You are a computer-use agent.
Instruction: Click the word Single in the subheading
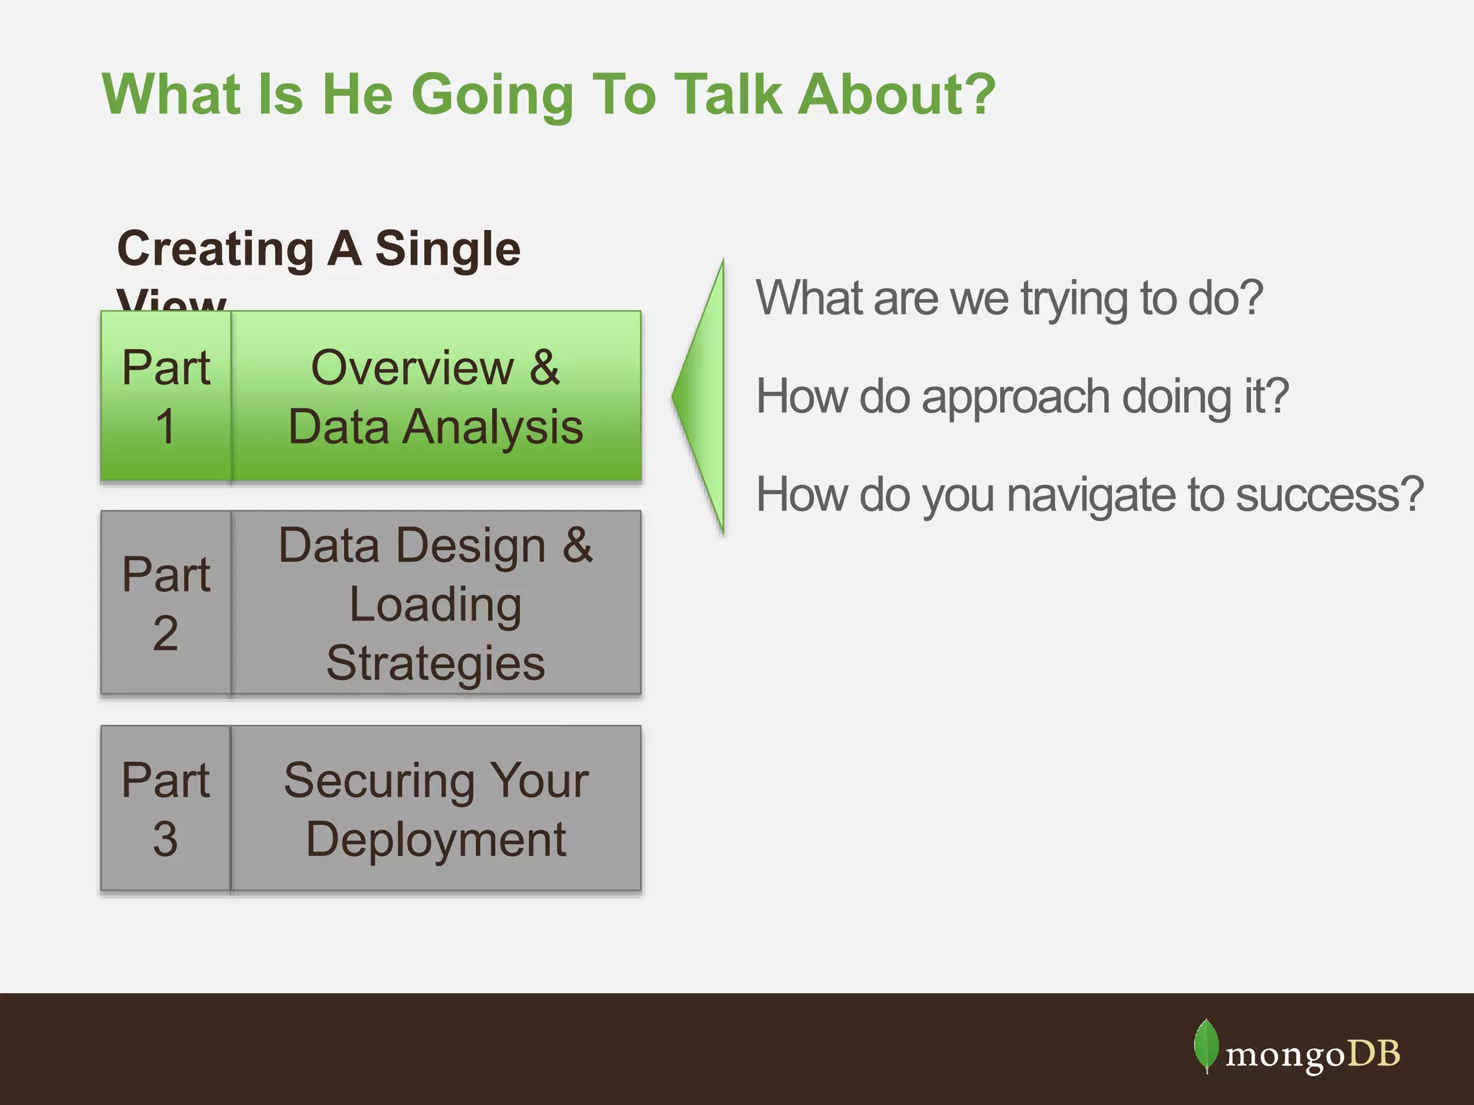(x=447, y=249)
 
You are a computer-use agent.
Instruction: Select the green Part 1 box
(x=166, y=396)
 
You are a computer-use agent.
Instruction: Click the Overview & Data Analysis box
(x=435, y=396)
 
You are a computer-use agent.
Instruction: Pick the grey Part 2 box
(x=166, y=603)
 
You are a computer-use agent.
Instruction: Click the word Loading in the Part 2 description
(x=435, y=604)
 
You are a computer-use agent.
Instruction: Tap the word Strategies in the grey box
(x=435, y=663)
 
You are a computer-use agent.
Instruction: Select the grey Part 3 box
(x=166, y=809)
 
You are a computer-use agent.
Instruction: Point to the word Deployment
(x=435, y=840)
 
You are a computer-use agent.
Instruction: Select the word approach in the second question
(x=1016, y=396)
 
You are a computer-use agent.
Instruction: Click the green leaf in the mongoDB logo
(x=1206, y=1045)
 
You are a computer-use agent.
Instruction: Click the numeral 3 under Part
(x=166, y=839)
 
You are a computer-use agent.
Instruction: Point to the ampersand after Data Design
(x=577, y=545)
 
